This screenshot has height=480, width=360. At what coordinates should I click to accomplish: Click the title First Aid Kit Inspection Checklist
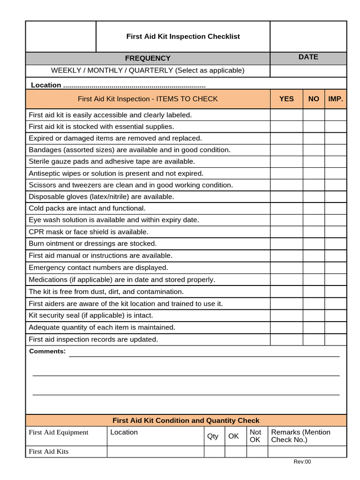coord(183,37)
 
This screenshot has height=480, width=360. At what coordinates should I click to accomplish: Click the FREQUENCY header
coord(148,58)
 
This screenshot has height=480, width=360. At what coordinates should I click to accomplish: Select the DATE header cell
coord(308,57)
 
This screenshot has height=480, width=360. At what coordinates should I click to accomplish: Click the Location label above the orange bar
coord(46,85)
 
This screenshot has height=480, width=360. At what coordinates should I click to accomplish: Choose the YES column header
coord(286,99)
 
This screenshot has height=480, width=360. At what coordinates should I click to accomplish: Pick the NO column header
coord(314,99)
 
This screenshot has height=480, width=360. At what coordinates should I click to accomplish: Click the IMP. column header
coord(336,99)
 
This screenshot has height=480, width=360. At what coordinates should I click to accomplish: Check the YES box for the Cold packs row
coord(286,208)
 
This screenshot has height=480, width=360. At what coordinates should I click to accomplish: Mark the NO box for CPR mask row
coord(314,232)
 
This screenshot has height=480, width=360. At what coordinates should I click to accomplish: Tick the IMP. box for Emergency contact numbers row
coord(336,268)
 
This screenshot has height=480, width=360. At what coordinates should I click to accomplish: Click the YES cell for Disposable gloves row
coord(286,196)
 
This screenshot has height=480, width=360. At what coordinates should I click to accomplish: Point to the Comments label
coord(47,352)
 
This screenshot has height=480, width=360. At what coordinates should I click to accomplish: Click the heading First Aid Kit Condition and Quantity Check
coord(186,420)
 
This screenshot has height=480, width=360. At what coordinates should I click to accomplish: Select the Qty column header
coord(213,436)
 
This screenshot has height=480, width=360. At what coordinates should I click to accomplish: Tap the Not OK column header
coord(255,436)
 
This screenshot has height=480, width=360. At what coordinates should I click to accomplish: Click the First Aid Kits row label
coord(49,451)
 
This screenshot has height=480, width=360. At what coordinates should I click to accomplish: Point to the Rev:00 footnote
coord(302,462)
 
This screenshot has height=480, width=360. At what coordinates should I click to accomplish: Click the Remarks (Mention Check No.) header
coord(300,436)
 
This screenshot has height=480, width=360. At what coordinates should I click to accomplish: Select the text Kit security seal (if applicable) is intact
coord(91,315)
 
